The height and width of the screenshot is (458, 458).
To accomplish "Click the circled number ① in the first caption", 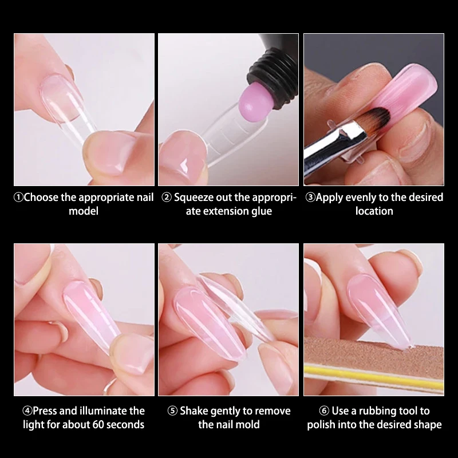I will pos(18,198).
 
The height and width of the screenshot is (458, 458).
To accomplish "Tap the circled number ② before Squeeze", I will pos(167,198).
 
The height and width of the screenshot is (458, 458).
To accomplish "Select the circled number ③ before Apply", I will pos(310,198).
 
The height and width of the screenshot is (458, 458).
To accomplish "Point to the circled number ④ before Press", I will pos(27,411).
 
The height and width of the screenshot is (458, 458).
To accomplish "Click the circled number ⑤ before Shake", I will pos(172,411).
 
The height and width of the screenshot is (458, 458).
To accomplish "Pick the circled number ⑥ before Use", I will pos(324,411).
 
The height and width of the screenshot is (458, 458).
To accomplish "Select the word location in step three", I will pos(374,211).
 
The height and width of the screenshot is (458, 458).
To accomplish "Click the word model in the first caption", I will pos(84,211).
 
